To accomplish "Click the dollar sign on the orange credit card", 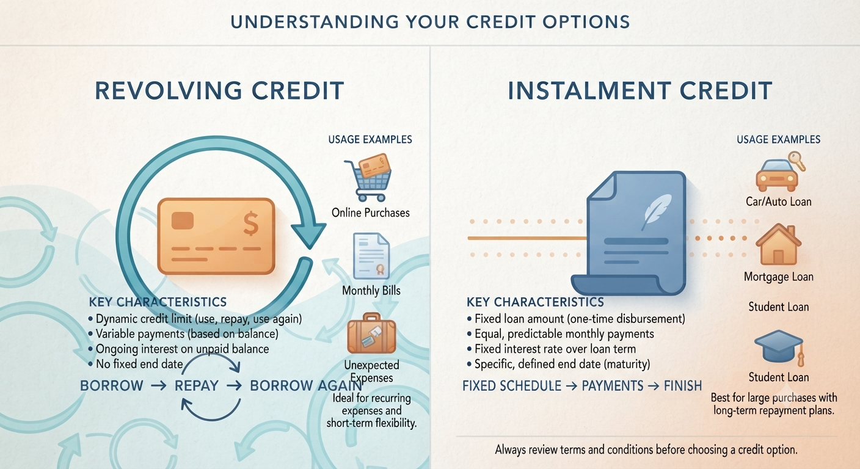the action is (x=250, y=224).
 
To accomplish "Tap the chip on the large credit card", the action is (x=183, y=220).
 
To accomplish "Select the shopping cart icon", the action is (x=368, y=178).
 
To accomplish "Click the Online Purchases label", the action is (x=371, y=213).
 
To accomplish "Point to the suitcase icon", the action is (x=371, y=333).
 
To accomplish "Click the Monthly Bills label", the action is (x=371, y=291).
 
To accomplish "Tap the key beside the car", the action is (x=796, y=161).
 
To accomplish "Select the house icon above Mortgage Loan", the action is (x=778, y=244).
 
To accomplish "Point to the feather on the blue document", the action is (x=656, y=211).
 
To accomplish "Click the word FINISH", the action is (x=683, y=386).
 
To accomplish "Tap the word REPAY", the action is (x=197, y=386).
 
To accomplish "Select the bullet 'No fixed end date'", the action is (x=136, y=364).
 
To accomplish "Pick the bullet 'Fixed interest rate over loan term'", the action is (x=552, y=349).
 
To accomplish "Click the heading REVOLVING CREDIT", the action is (x=219, y=90).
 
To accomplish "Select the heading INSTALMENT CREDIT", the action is (x=640, y=90).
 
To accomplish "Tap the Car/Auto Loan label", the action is (x=779, y=202).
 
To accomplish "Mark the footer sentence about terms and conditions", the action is (x=646, y=449).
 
